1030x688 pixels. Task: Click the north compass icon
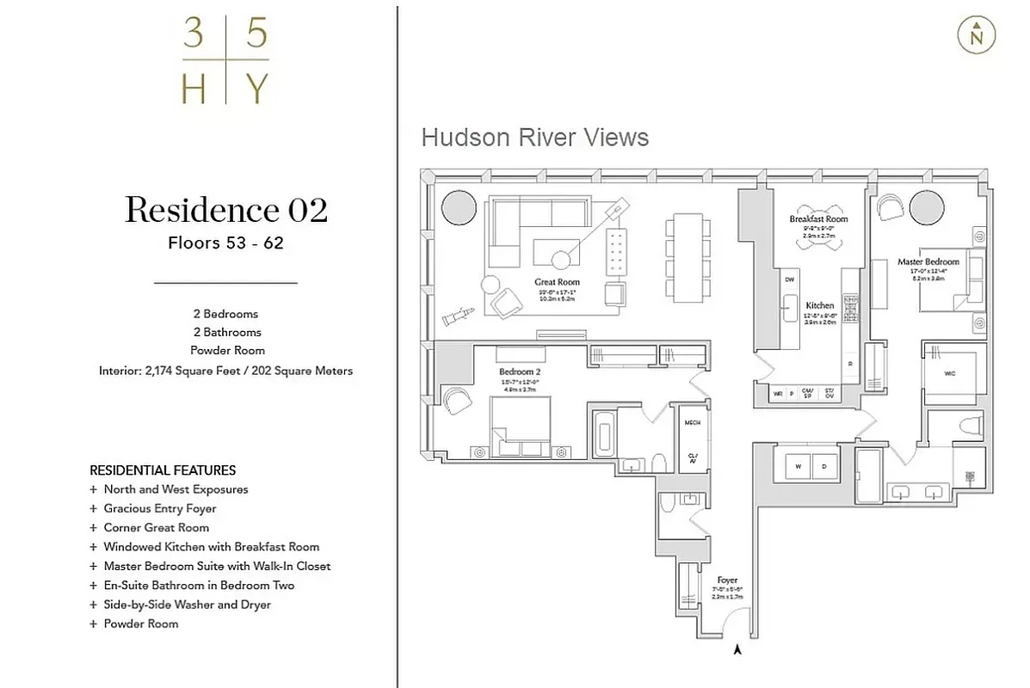tap(976, 35)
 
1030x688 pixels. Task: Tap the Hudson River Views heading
tap(534, 138)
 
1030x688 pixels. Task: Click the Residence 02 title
tap(225, 210)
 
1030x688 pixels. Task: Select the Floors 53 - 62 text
tap(225, 243)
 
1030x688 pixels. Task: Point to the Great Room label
tap(557, 282)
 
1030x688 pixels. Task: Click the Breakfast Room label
tap(818, 219)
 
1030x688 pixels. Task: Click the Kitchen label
tap(819, 305)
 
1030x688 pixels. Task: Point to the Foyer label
tap(727, 580)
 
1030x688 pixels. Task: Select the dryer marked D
tap(823, 465)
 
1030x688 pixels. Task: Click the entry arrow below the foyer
tap(737, 651)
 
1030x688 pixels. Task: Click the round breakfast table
tap(818, 241)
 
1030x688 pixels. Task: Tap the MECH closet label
tap(692, 423)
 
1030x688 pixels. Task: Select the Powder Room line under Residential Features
tap(141, 623)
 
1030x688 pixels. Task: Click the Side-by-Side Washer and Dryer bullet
tap(187, 605)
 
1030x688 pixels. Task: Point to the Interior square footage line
tap(225, 371)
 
